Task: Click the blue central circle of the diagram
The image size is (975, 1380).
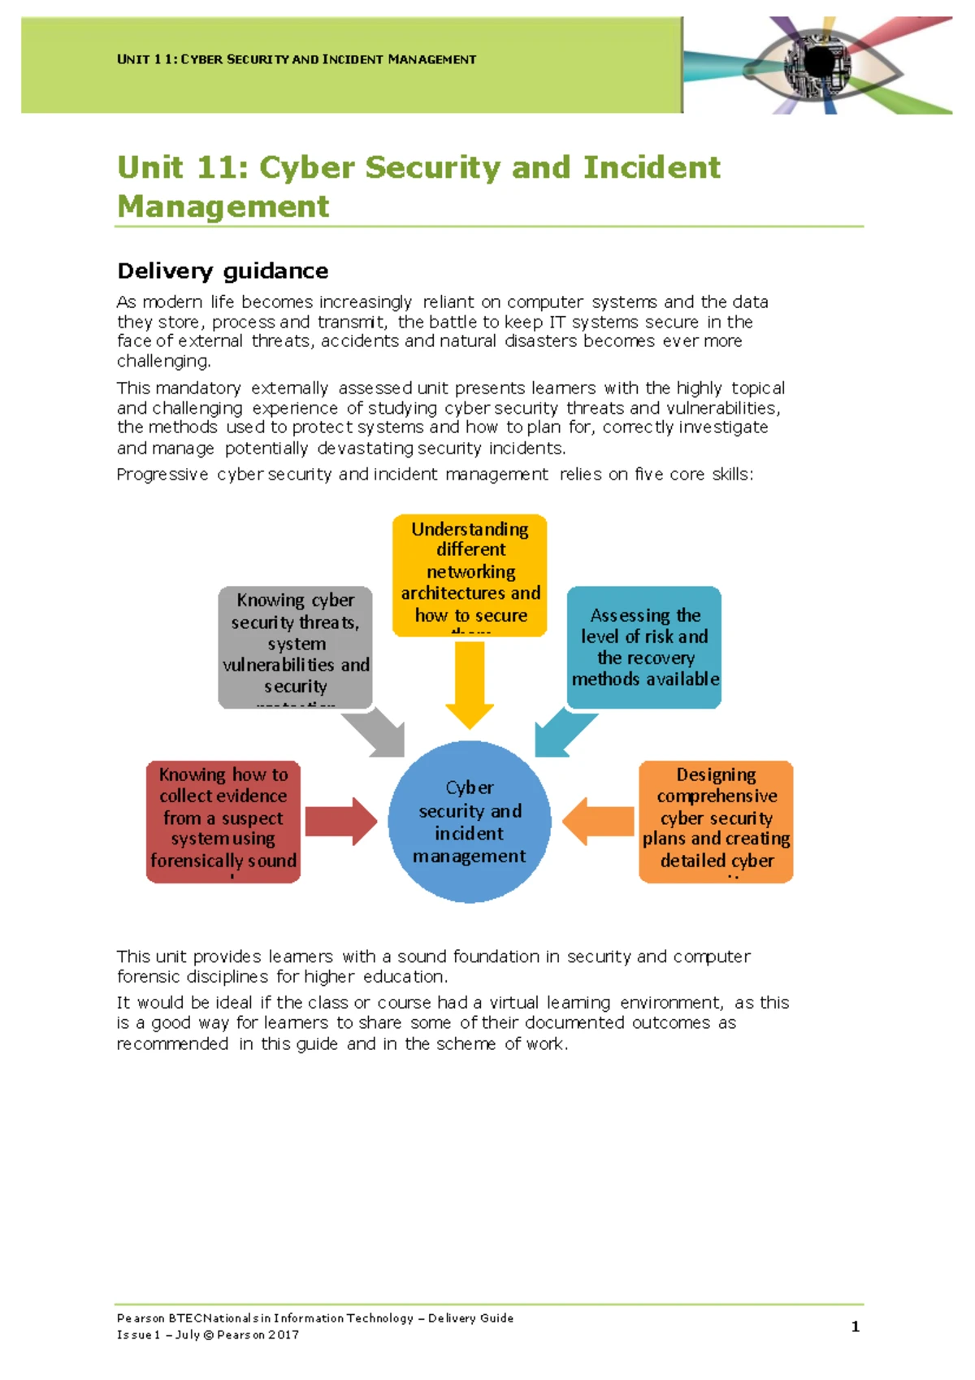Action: (470, 821)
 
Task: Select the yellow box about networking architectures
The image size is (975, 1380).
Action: (470, 574)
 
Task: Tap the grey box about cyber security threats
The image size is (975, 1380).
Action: (295, 647)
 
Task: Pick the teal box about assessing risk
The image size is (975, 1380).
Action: (644, 647)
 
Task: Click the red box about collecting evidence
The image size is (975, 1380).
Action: (223, 821)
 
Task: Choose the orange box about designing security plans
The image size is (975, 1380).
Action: (716, 821)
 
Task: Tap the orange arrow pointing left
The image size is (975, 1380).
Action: (598, 821)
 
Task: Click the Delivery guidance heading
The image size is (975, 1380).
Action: (223, 271)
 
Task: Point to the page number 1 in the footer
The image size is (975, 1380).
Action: (855, 1326)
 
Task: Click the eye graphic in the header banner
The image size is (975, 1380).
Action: (821, 64)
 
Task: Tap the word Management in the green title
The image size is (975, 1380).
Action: (223, 206)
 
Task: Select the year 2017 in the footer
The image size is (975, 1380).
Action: (284, 1334)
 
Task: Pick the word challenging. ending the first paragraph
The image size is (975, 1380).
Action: (163, 361)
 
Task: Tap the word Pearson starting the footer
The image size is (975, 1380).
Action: (141, 1318)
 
